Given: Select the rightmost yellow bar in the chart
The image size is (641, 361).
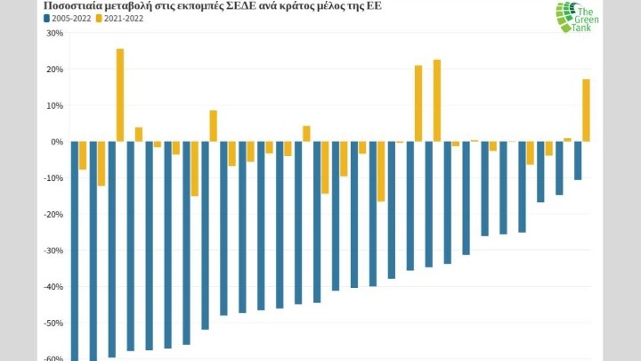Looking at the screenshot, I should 586,111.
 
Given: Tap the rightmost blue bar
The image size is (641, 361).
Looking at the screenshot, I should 577,160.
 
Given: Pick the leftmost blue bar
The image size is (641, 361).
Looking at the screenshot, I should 75,250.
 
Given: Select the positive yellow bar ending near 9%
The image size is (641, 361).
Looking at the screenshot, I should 214,126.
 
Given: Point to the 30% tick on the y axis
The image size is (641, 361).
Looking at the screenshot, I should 54,33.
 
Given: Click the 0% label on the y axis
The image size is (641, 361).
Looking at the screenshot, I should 56,142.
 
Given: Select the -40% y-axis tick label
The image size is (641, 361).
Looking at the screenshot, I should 53,287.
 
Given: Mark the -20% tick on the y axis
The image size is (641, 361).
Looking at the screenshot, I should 53,214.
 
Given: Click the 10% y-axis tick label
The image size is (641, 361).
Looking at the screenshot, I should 54,105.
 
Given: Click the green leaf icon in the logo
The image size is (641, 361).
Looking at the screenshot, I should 566,17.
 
